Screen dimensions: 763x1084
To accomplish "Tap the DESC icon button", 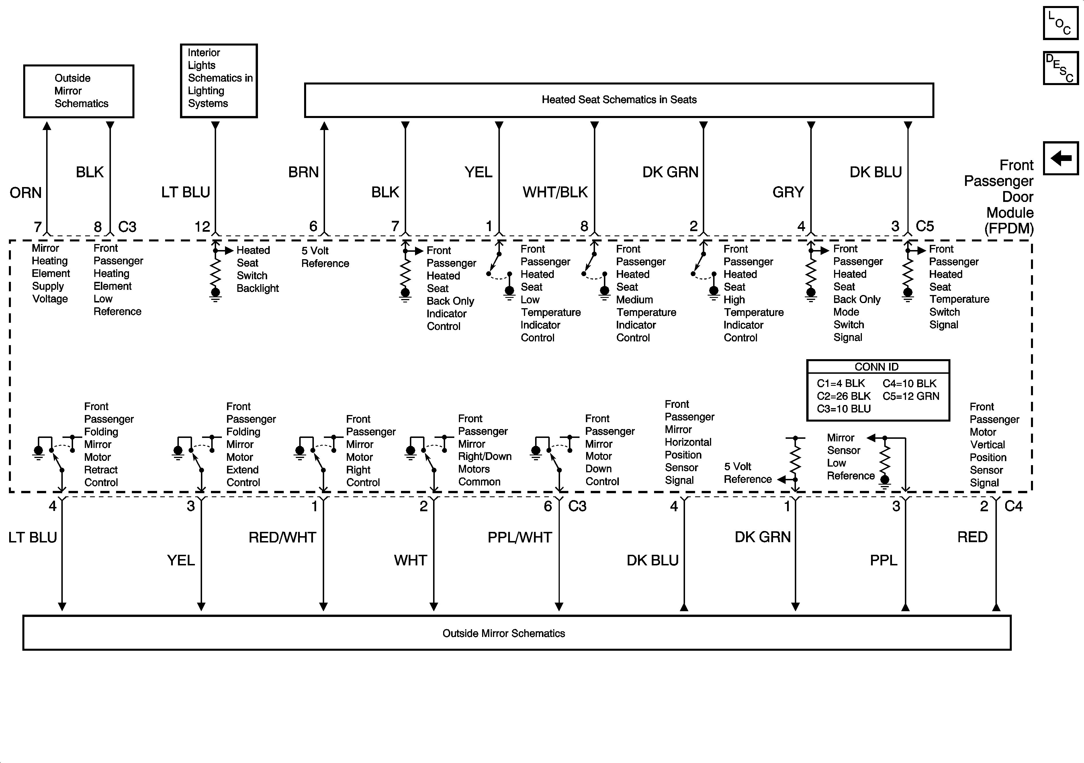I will pos(1060,68).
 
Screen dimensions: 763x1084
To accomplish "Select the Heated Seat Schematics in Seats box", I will pos(619,100).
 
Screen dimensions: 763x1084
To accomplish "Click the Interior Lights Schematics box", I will pos(219,81).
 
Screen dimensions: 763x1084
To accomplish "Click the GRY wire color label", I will pos(788,192).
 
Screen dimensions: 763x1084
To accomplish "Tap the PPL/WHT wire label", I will pos(519,537).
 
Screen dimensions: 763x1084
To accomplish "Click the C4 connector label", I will pos(1013,506).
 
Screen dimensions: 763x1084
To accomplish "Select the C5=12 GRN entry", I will pos(911,396).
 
